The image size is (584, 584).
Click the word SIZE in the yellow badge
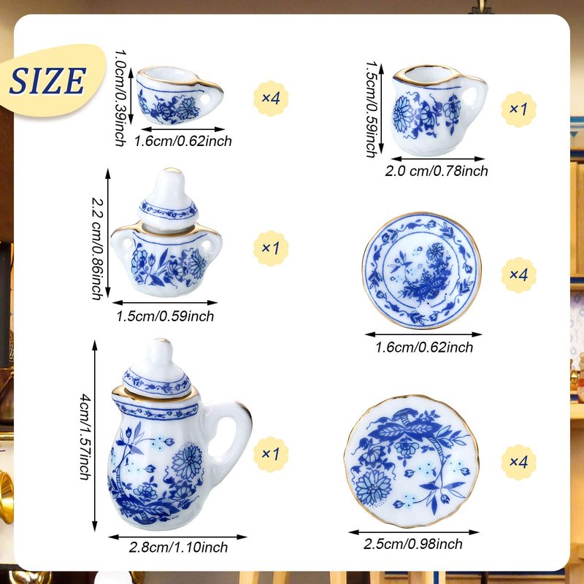47,80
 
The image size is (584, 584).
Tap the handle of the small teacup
210,94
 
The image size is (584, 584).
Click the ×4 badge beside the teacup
271,99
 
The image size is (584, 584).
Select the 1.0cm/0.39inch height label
120,98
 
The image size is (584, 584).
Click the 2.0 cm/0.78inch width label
437,171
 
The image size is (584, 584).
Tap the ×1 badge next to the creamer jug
518,109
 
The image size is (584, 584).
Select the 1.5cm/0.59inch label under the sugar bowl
165,316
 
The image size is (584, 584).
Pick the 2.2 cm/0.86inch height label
97,248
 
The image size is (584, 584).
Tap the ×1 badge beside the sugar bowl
271,248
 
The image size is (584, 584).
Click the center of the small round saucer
422,271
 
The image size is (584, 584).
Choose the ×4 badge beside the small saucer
518,275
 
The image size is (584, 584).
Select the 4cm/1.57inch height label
85,437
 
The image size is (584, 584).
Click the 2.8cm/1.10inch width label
178,547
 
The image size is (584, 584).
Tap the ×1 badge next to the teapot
271,454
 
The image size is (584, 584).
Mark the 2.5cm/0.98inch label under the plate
413,544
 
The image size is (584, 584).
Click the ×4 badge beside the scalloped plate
518,462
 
